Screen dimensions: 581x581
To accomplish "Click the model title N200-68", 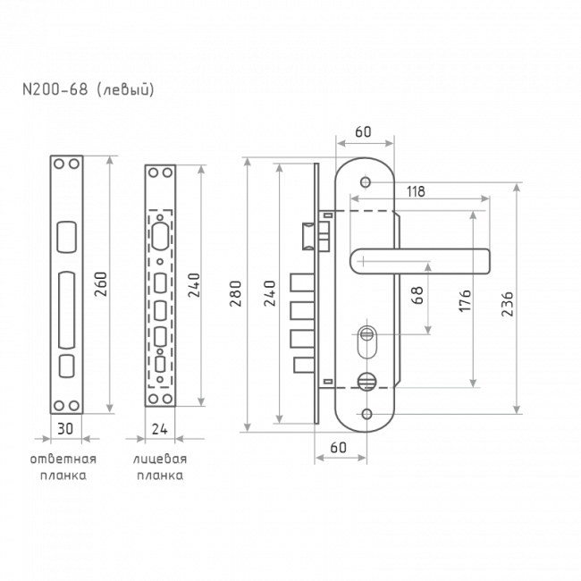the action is [55, 89].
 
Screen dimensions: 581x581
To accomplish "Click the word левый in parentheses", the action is [125, 90].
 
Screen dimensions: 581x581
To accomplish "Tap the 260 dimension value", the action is [101, 284].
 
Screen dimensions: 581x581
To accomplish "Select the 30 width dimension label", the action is [65, 429].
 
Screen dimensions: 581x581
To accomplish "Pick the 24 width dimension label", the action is [160, 429].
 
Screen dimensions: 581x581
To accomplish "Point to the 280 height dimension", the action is [236, 293].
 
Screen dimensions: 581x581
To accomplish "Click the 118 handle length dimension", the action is [416, 191].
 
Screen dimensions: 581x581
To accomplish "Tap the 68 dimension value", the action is [417, 295].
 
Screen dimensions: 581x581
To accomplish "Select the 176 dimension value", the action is [465, 300].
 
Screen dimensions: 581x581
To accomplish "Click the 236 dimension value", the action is [508, 304].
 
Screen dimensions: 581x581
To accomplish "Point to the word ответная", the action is [63, 459].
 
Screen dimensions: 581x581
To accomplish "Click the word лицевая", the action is [160, 459].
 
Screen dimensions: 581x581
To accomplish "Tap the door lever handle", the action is [420, 261].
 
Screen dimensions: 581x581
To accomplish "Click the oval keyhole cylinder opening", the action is [366, 341].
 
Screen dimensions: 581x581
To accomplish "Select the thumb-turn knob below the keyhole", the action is [366, 382].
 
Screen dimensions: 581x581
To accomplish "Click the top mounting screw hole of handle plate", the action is [366, 182].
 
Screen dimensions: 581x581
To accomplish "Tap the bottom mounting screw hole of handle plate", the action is [366, 414].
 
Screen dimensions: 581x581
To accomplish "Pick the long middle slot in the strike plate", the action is [67, 310].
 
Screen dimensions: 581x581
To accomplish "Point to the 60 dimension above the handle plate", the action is [363, 132].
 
